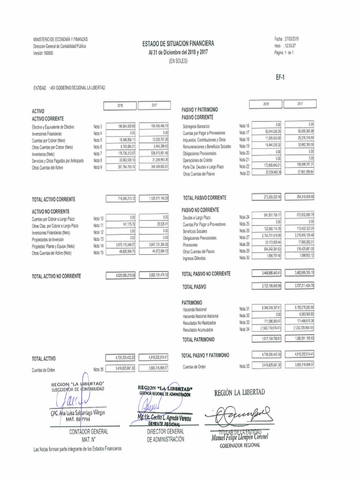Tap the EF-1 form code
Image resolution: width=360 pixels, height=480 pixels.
click(280, 78)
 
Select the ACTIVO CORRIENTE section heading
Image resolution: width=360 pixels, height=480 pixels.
click(48, 119)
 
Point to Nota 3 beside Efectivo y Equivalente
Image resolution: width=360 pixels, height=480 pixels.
click(98, 127)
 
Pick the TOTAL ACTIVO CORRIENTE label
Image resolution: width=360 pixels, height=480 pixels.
click(53, 199)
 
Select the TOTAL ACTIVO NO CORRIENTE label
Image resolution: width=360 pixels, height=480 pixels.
click(56, 276)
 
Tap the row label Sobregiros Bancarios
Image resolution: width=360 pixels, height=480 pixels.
click(196, 127)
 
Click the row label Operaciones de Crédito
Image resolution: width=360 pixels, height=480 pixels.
click(199, 160)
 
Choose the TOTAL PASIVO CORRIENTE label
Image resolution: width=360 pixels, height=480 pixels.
click(205, 198)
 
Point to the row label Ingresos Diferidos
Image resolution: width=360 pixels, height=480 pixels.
click(194, 258)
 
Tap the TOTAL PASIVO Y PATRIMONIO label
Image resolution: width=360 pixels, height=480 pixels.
click(205, 355)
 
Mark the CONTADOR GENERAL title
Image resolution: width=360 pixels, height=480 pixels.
click(89, 431)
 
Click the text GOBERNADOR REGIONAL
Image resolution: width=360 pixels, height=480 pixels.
click(240, 446)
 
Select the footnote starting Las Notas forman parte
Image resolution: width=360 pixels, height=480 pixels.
click(77, 449)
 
